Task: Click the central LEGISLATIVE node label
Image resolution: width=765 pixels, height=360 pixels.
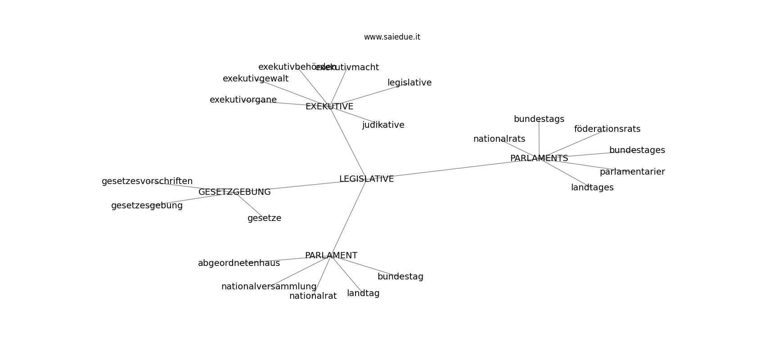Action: pyautogui.click(x=366, y=179)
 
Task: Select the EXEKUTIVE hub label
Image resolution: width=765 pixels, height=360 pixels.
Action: pyautogui.click(x=329, y=107)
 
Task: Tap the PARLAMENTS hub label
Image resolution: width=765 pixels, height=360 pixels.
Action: pyautogui.click(x=539, y=158)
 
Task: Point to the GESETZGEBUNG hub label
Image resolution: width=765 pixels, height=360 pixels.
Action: pyautogui.click(x=234, y=192)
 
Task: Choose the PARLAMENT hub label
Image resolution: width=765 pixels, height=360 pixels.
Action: pyautogui.click(x=331, y=256)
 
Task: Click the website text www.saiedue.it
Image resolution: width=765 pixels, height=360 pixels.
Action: pyautogui.click(x=392, y=37)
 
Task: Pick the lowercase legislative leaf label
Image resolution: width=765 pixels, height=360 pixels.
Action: pyautogui.click(x=409, y=83)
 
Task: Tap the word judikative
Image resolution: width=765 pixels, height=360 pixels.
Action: pyautogui.click(x=383, y=125)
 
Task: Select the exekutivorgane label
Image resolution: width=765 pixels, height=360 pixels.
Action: pyautogui.click(x=243, y=100)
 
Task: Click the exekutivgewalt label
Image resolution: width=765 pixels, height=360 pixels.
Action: pyautogui.click(x=256, y=79)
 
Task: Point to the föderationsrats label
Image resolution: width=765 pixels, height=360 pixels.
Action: pyautogui.click(x=607, y=129)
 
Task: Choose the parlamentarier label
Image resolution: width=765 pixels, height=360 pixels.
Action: pyautogui.click(x=632, y=172)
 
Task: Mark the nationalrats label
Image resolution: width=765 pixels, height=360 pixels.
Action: pyautogui.click(x=499, y=139)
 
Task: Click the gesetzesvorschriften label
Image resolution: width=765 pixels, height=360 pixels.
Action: pyautogui.click(x=147, y=181)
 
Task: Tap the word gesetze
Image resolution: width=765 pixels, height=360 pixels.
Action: pyautogui.click(x=264, y=218)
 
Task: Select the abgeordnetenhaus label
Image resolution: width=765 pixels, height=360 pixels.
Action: pyautogui.click(x=239, y=263)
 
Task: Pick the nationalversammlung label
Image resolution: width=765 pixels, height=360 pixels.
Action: pyautogui.click(x=269, y=287)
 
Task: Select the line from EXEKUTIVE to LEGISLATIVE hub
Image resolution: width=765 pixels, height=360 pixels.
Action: pyautogui.click(x=349, y=144)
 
